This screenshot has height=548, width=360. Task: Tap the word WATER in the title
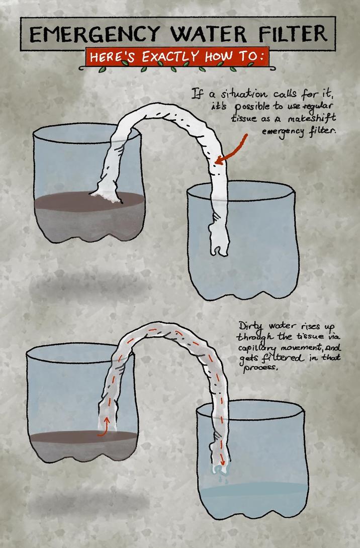click(208, 34)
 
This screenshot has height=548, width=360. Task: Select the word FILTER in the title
click(293, 34)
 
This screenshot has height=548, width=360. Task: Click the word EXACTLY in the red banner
click(170, 56)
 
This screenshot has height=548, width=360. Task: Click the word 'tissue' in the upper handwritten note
click(244, 118)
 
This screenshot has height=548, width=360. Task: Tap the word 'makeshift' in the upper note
click(312, 118)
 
